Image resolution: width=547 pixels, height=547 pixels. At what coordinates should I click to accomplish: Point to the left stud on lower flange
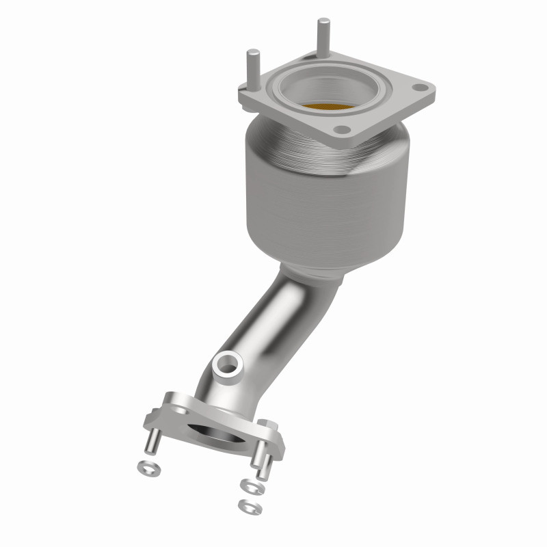[x=153, y=441]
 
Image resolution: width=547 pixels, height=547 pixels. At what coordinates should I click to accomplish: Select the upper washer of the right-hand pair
[x=251, y=485]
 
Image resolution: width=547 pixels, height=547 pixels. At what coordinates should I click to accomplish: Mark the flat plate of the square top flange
[x=383, y=113]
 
